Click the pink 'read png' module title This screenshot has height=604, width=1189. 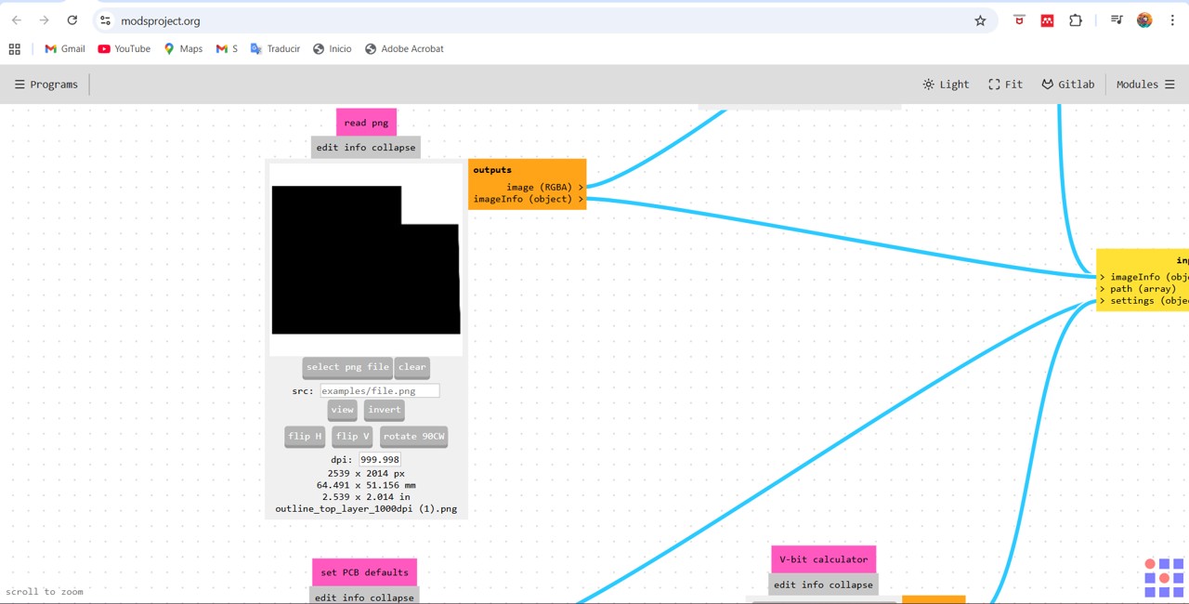pyautogui.click(x=366, y=123)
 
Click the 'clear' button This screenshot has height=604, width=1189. pyautogui.click(x=412, y=367)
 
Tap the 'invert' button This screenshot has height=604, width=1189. pyautogui.click(x=385, y=410)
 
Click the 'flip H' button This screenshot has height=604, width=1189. pyautogui.click(x=305, y=437)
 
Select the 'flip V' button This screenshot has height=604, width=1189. pyautogui.click(x=352, y=437)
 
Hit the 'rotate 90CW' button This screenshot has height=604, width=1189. pyautogui.click(x=414, y=437)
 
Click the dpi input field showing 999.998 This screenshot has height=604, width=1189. pyautogui.click(x=380, y=460)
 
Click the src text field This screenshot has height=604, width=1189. pyautogui.click(x=380, y=391)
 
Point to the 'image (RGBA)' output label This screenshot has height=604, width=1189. pyautogui.click(x=539, y=188)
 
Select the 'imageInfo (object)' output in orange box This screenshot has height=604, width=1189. pyautogui.click(x=522, y=199)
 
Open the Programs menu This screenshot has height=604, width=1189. pyautogui.click(x=46, y=85)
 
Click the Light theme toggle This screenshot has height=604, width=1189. pyautogui.click(x=946, y=85)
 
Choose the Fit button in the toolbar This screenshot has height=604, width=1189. pyautogui.click(x=1005, y=85)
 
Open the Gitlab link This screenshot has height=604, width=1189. pyautogui.click(x=1068, y=85)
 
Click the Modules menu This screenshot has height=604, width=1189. pyautogui.click(x=1145, y=85)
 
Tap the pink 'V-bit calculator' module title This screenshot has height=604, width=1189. pyautogui.click(x=824, y=559)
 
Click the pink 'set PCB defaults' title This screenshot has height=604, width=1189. pyautogui.click(x=365, y=572)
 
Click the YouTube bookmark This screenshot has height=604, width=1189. pyautogui.click(x=124, y=49)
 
